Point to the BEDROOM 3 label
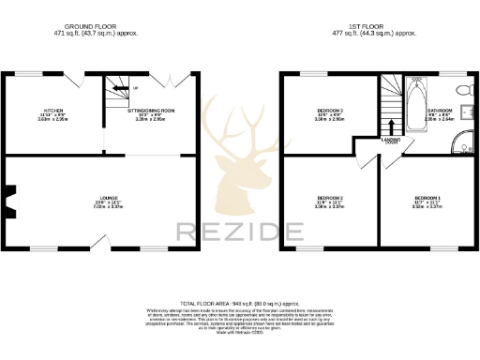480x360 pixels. tap(329, 111)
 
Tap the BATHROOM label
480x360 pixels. tap(440, 111)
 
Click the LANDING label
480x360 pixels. tap(391, 140)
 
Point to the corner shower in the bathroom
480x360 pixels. tap(462, 143)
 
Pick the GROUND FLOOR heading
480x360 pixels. tap(97, 25)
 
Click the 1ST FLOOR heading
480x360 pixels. tap(379, 25)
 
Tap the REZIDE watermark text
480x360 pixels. tap(240, 230)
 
